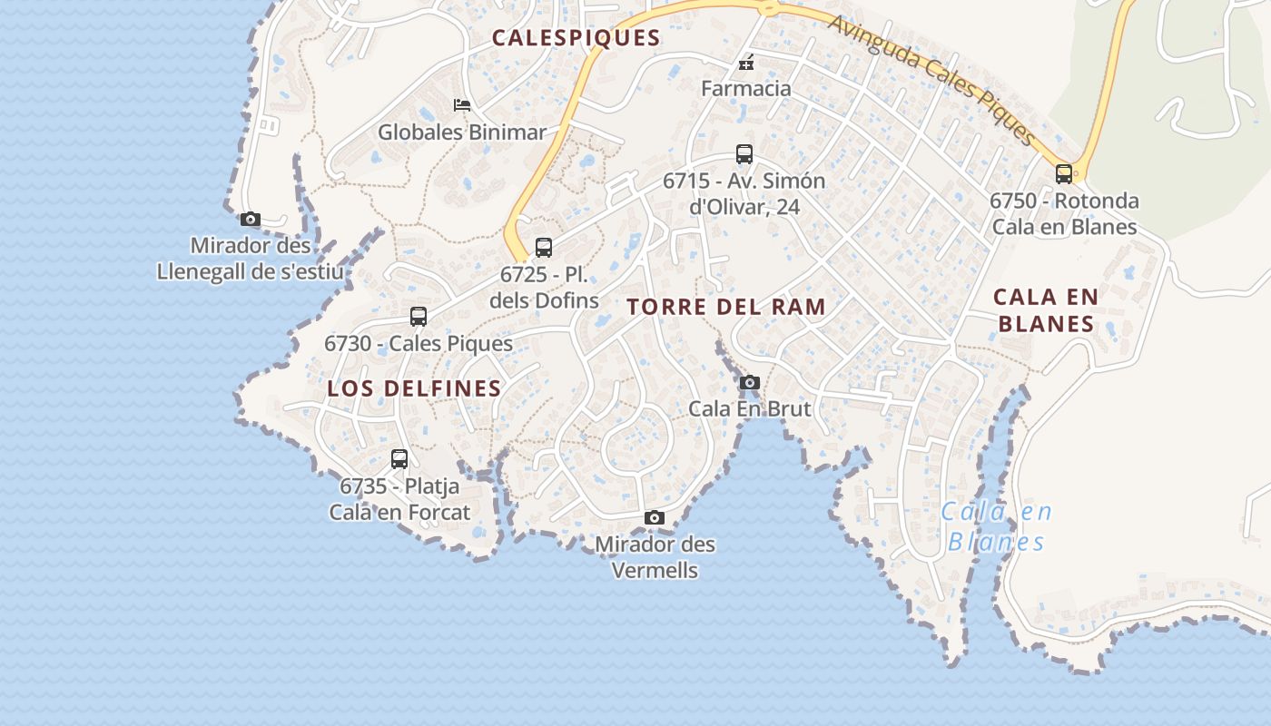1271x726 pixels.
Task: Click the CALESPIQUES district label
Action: click(576, 38)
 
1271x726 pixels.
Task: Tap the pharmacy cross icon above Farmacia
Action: click(746, 64)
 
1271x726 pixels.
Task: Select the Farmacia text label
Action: click(746, 89)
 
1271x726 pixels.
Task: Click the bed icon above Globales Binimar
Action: click(462, 105)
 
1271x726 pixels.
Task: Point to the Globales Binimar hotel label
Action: click(462, 132)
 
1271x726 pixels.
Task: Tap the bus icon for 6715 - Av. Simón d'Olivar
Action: click(744, 154)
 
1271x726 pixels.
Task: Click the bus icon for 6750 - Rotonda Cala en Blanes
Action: click(1064, 174)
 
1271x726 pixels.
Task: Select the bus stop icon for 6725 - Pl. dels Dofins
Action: click(544, 247)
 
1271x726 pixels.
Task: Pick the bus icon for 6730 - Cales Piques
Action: click(419, 317)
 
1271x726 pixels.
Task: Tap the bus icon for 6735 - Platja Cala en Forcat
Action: click(399, 459)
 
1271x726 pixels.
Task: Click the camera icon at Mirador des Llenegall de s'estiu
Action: click(251, 219)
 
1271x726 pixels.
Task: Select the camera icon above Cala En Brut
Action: click(749, 382)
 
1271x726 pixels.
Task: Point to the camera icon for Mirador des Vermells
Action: click(654, 517)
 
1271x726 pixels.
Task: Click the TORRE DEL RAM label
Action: click(726, 307)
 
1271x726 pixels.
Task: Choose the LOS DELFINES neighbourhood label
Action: click(414, 388)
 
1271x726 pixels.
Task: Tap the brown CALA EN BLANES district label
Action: click(1046, 310)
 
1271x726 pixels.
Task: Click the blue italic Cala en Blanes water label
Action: click(996, 527)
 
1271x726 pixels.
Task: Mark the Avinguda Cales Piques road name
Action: click(933, 80)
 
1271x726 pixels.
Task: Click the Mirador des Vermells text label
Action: click(655, 557)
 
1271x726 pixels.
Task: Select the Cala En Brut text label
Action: click(749, 408)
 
